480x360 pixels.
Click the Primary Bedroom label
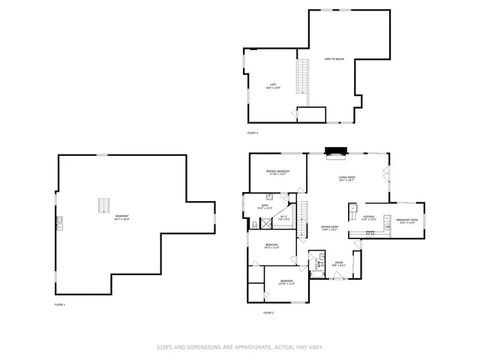pyautogui.click(x=277, y=172)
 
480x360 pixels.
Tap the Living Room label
pyautogui.click(x=346, y=179)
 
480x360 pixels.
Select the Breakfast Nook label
pyautogui.click(x=408, y=221)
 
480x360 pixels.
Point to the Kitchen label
pyautogui.click(x=368, y=218)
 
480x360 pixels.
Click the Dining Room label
pyautogui.click(x=330, y=228)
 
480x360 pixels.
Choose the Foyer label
pyautogui.click(x=339, y=264)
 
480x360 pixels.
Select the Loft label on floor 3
pyautogui.click(x=272, y=86)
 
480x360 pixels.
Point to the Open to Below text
pyautogui.click(x=334, y=58)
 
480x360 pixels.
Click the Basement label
pyautogui.click(x=121, y=218)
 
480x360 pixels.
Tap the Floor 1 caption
pyautogui.click(x=60, y=304)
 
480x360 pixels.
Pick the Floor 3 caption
pyautogui.click(x=253, y=133)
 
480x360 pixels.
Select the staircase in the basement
pyautogui.click(x=103, y=205)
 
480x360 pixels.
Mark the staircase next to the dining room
pyautogui.click(x=303, y=218)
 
